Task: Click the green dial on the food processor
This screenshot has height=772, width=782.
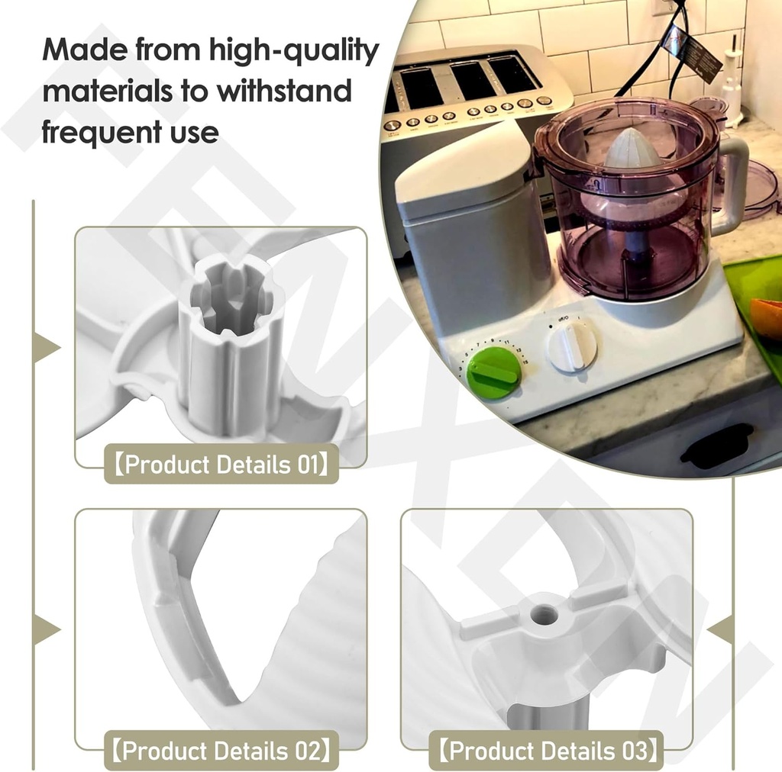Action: point(494,372)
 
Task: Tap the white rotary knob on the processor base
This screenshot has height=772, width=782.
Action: point(572,345)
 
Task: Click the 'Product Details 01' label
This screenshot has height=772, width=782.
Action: point(221,465)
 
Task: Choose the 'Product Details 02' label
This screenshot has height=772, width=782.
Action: point(221,751)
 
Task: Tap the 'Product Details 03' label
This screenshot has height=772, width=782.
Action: point(547,751)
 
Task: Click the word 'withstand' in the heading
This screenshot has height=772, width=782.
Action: point(284,92)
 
